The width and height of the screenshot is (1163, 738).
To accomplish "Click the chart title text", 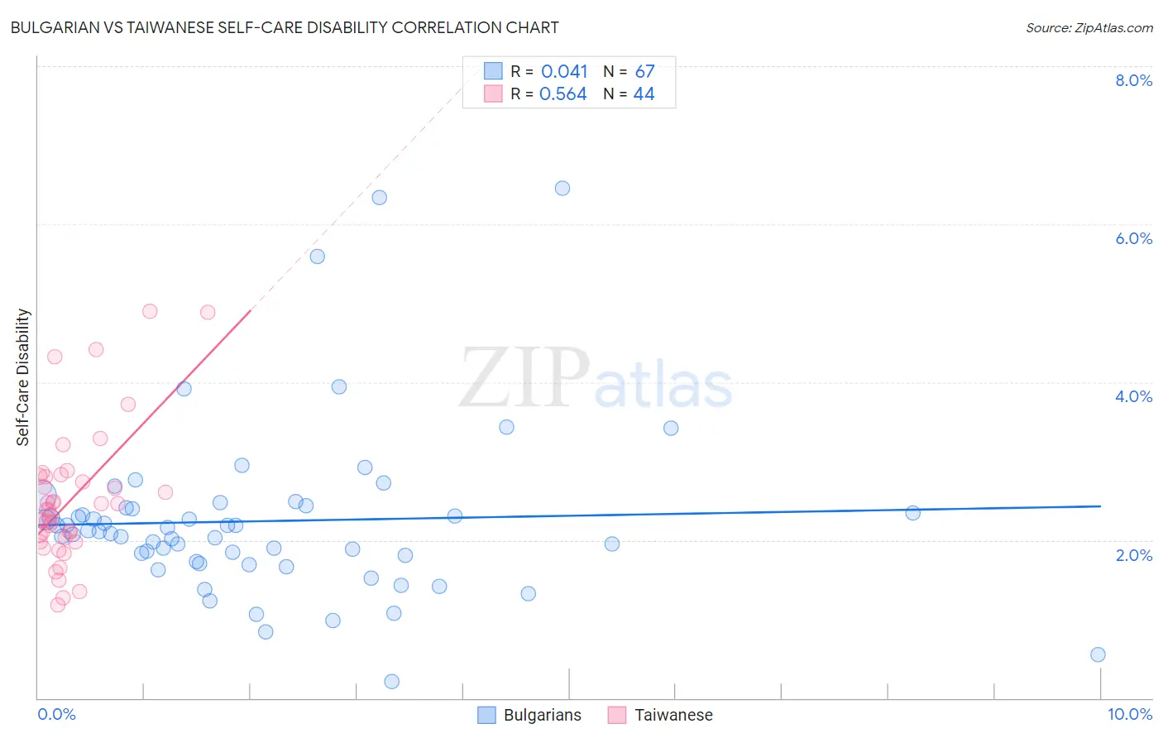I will (x=285, y=27).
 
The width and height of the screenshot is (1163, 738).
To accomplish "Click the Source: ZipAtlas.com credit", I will (x=1089, y=27).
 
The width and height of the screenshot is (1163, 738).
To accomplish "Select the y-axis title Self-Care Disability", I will (x=23, y=377).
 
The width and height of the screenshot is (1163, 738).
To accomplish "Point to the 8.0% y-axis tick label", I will (x=1133, y=80).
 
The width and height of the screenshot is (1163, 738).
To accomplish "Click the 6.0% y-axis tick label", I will (x=1133, y=238).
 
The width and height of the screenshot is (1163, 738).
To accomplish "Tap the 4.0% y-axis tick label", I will (x=1133, y=396).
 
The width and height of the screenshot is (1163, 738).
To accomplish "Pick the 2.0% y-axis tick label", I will (x=1133, y=555).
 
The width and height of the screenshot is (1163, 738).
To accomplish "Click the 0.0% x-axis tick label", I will (x=56, y=714).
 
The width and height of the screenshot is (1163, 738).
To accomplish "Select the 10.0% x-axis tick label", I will (x=1129, y=714).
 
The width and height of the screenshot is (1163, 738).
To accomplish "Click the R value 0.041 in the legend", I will (x=564, y=72).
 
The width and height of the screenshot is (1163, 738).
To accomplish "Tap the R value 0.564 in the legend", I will (x=563, y=94).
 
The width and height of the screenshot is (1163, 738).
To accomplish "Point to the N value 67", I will (x=644, y=72).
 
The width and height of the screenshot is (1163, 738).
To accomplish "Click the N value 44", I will (x=644, y=94).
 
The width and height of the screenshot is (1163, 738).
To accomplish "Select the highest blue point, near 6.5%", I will (x=562, y=188).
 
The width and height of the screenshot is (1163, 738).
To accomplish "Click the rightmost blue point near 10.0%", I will (x=1098, y=654).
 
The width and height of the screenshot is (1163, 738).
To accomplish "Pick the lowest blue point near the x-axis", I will (x=392, y=681).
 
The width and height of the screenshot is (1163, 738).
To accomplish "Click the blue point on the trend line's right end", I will (x=912, y=513).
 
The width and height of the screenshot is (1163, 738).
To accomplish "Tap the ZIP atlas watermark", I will (x=596, y=379).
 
